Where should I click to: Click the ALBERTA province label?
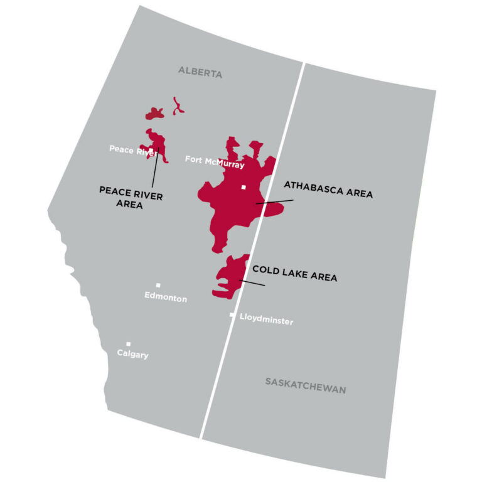[200, 73]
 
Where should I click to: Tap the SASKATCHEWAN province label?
[305, 389]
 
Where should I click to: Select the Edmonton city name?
[165, 298]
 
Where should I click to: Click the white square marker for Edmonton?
[158, 286]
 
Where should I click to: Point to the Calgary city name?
[132, 355]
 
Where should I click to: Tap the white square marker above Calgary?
[128, 344]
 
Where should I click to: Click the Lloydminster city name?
[266, 321]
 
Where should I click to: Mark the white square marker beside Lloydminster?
[232, 315]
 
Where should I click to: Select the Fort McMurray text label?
[214, 159]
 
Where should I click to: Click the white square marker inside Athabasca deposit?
[244, 187]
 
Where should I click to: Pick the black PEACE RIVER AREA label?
[131, 196]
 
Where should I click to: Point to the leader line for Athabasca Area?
[276, 201]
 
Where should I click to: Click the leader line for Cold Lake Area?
[252, 283]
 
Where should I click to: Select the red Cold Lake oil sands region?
[227, 276]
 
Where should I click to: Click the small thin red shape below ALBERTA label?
[178, 105]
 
